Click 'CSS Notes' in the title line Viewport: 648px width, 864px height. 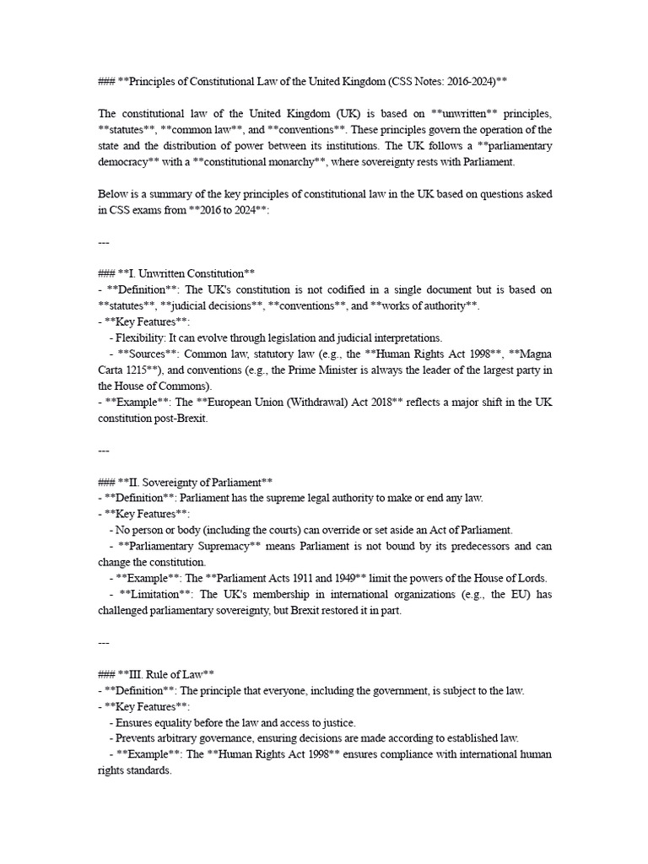421,81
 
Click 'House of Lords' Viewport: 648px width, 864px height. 510,578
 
